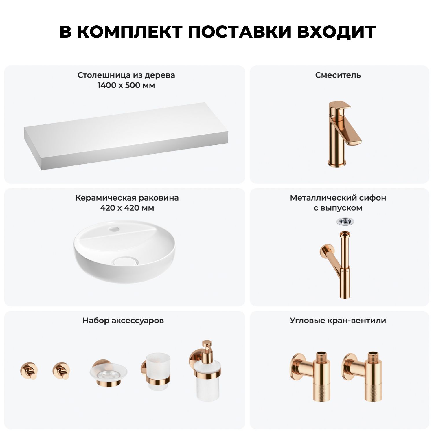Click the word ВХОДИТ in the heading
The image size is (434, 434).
336,32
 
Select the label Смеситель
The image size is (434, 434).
338,75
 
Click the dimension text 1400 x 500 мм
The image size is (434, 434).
126,85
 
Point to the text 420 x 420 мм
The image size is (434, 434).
127,208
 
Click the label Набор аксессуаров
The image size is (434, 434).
123,321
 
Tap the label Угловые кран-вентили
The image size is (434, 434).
338,321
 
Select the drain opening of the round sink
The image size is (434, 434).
125,261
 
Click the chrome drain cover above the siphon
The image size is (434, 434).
345,222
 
